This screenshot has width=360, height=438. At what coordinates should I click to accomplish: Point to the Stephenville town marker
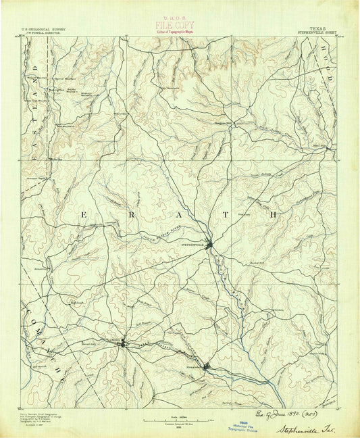(211, 244)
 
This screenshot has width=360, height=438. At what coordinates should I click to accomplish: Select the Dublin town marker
(122, 344)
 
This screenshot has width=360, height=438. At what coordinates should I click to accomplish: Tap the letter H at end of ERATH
(274, 214)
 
